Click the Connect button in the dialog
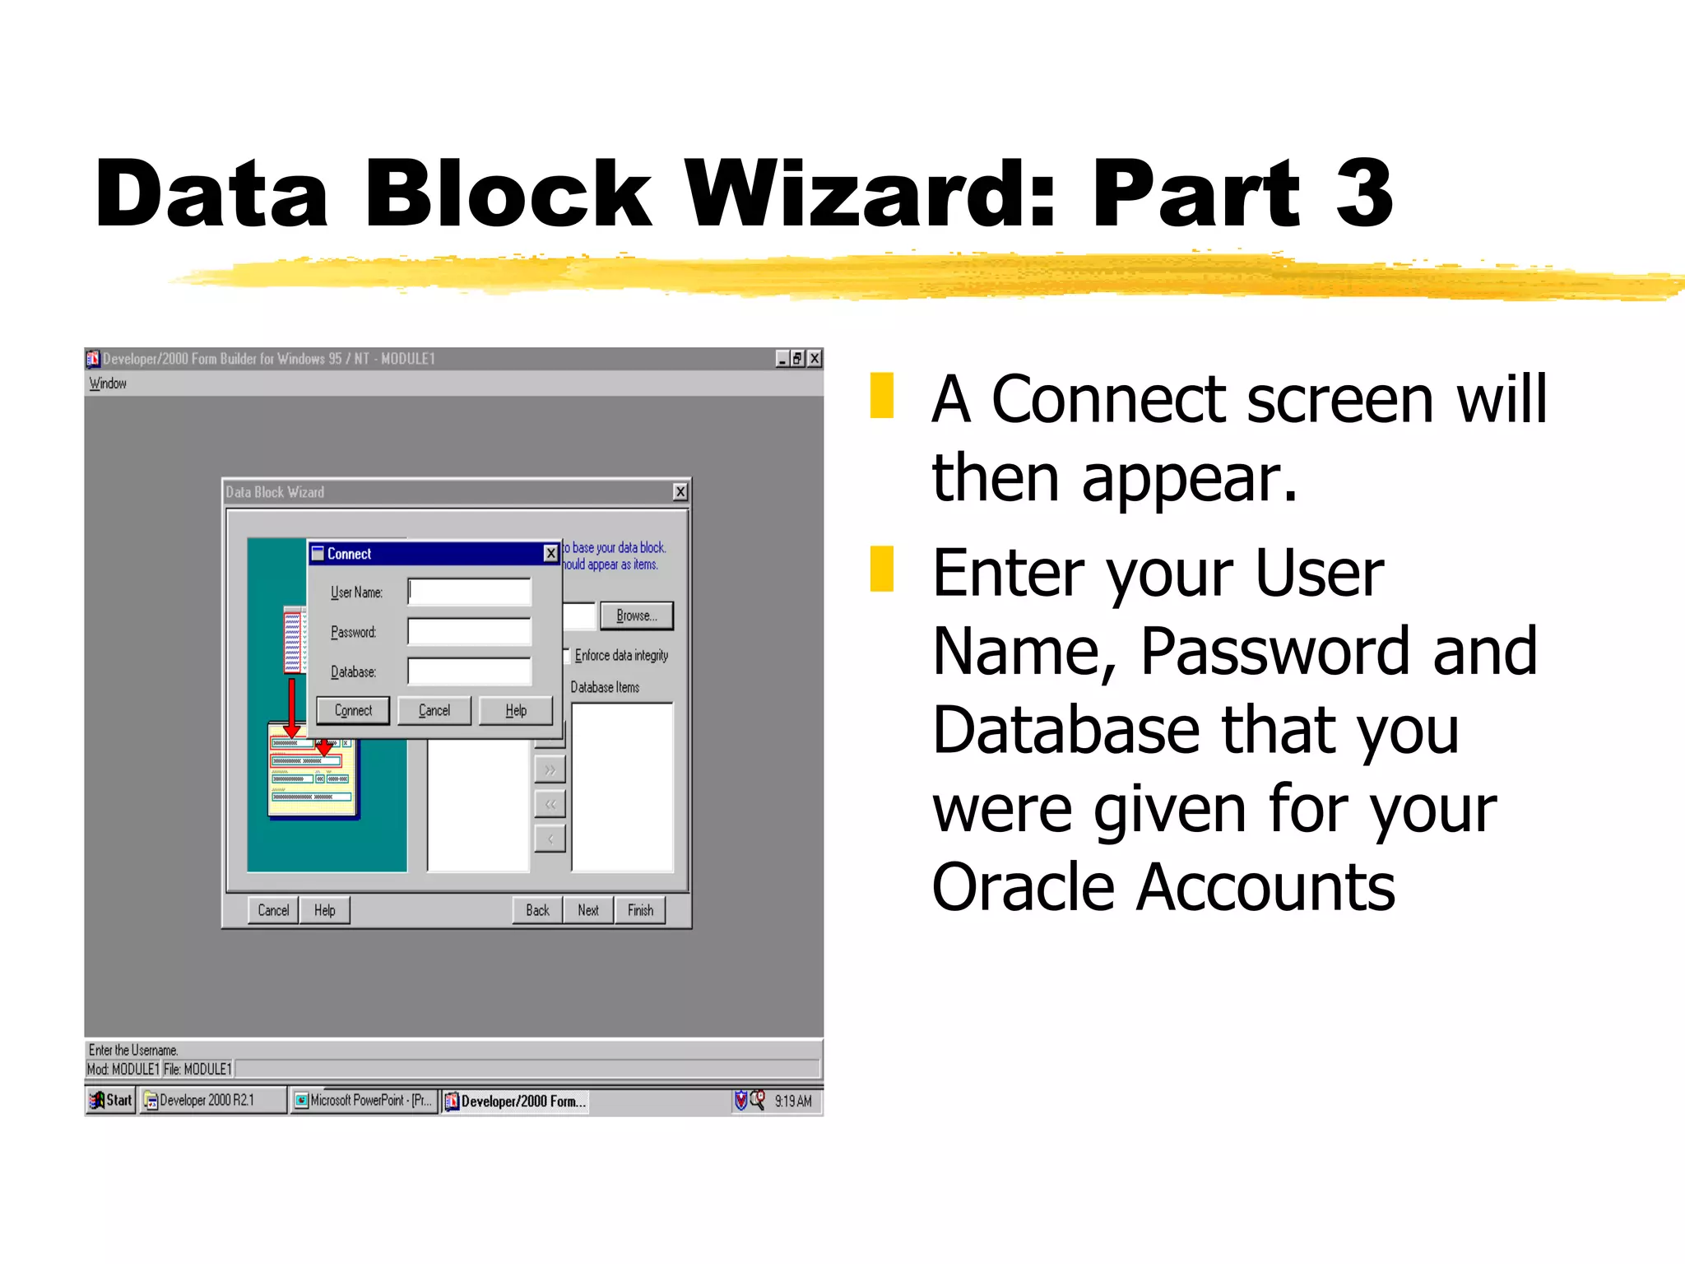pos(353,710)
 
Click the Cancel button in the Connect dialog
pos(434,710)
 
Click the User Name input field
pos(470,592)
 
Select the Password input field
pos(470,631)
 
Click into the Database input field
pos(470,671)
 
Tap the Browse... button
pos(636,616)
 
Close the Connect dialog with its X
pos(550,554)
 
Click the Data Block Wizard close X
pos(680,492)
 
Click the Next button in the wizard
pos(588,910)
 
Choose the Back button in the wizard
pos(537,910)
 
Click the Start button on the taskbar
pos(111,1100)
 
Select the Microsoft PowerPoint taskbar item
pos(364,1100)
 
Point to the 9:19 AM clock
pos(792,1101)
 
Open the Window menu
pos(108,383)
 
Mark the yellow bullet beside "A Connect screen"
pos(882,396)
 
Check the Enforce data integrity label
pos(621,655)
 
